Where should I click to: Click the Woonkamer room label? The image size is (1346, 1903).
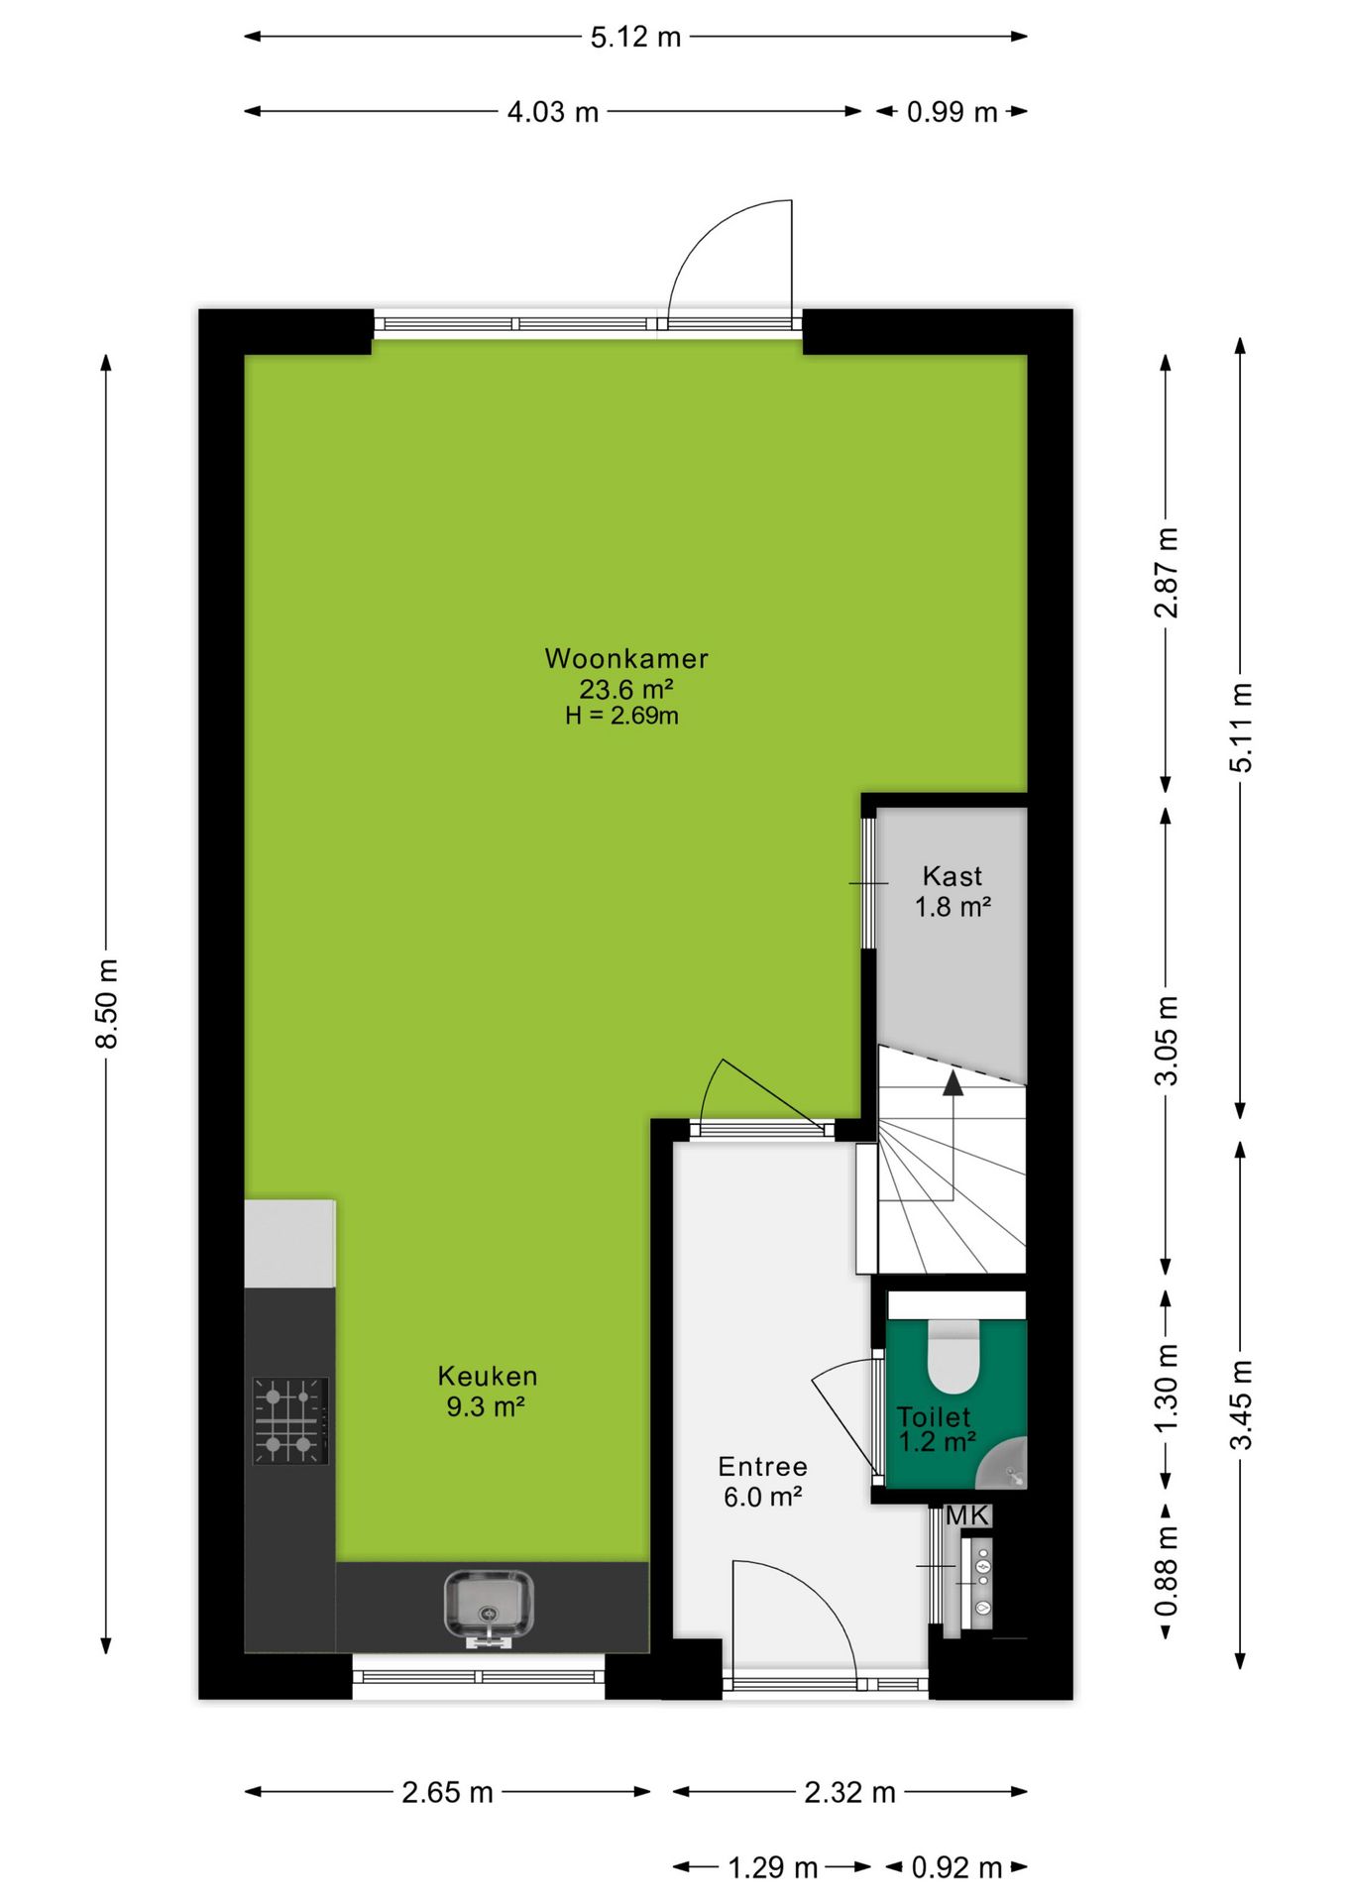tap(625, 658)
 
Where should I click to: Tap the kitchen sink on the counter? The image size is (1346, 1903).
tap(488, 1603)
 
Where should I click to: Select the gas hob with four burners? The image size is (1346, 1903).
tap(289, 1420)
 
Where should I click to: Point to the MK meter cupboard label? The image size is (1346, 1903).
tap(966, 1515)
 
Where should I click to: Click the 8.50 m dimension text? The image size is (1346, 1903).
tap(107, 1003)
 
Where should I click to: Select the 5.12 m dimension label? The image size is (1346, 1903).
tap(635, 38)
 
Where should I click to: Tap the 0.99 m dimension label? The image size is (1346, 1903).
tap(952, 112)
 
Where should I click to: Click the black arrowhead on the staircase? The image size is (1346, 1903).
tap(953, 1082)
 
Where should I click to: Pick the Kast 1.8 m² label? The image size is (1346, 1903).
tap(953, 891)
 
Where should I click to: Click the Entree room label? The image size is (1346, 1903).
tap(762, 1467)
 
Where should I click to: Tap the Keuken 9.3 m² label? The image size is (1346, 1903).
tap(487, 1391)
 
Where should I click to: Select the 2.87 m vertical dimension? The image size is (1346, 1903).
tap(1167, 572)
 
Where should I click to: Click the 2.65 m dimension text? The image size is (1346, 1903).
tap(447, 1792)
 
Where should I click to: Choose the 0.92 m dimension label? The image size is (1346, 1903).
tap(956, 1868)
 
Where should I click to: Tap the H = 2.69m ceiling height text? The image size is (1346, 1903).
tap(621, 716)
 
